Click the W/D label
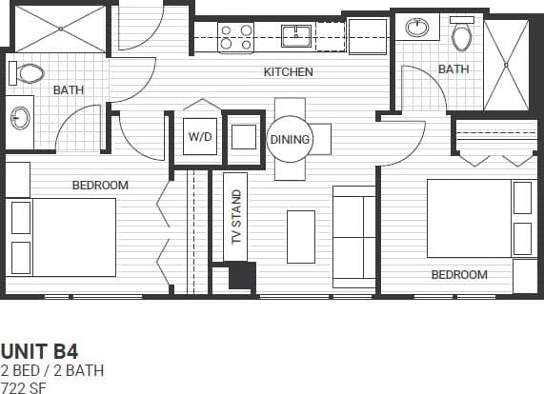200,137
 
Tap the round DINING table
290,139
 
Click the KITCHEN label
288,72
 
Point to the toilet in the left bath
30,72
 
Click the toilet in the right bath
462,37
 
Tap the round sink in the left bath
19,118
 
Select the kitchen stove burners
236,38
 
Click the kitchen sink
296,37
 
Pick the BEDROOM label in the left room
100,185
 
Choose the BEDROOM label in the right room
459,275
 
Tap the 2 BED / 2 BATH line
52,369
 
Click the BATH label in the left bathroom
68,90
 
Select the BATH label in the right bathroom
453,69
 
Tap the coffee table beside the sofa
300,236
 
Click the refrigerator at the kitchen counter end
366,37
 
